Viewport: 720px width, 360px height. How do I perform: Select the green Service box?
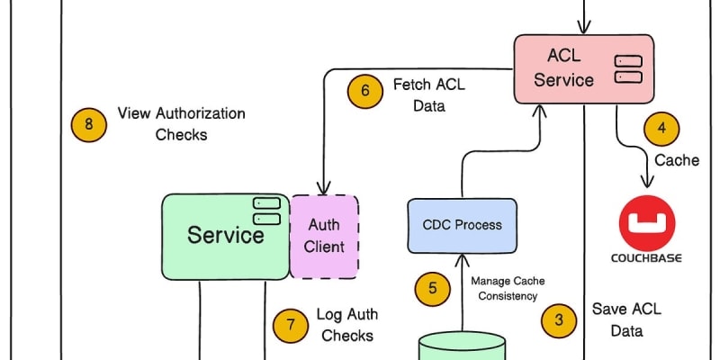(225, 235)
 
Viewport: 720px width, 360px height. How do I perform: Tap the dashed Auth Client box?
(324, 236)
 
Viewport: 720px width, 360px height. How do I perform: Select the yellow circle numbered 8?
(88, 124)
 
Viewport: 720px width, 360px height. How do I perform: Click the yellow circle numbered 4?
(661, 128)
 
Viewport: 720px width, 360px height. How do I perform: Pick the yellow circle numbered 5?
(433, 289)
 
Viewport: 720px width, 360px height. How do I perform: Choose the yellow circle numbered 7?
(290, 325)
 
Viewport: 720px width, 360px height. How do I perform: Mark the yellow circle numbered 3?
(558, 319)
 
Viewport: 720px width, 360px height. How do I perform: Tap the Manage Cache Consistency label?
(508, 289)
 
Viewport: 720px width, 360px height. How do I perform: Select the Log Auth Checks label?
(346, 325)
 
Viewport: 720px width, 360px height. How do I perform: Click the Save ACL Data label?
(626, 319)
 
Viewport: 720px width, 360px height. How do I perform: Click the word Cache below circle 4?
(677, 160)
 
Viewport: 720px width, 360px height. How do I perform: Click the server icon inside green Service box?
(265, 211)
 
